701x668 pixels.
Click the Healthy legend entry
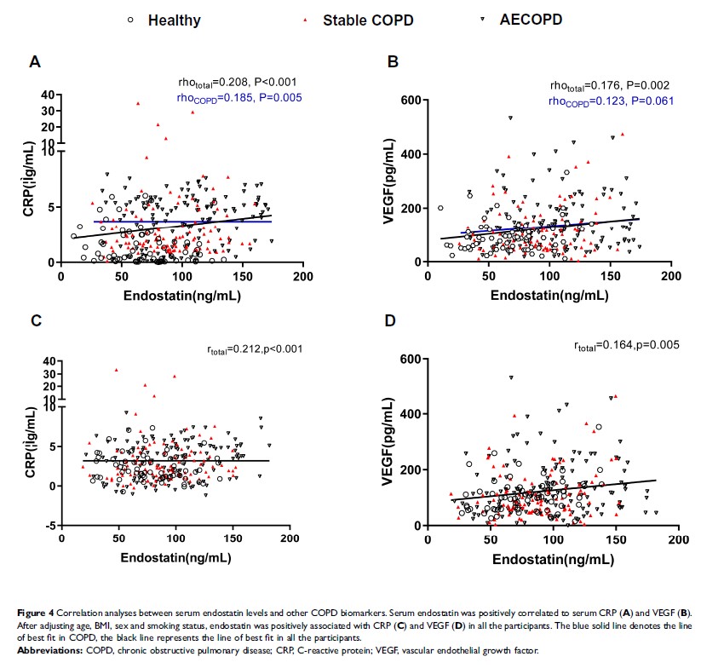coord(170,19)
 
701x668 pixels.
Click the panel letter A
coord(35,61)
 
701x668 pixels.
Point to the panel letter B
coord(393,61)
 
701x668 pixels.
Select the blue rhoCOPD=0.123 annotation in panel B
coord(600,101)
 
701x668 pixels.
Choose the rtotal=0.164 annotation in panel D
coord(602,348)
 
